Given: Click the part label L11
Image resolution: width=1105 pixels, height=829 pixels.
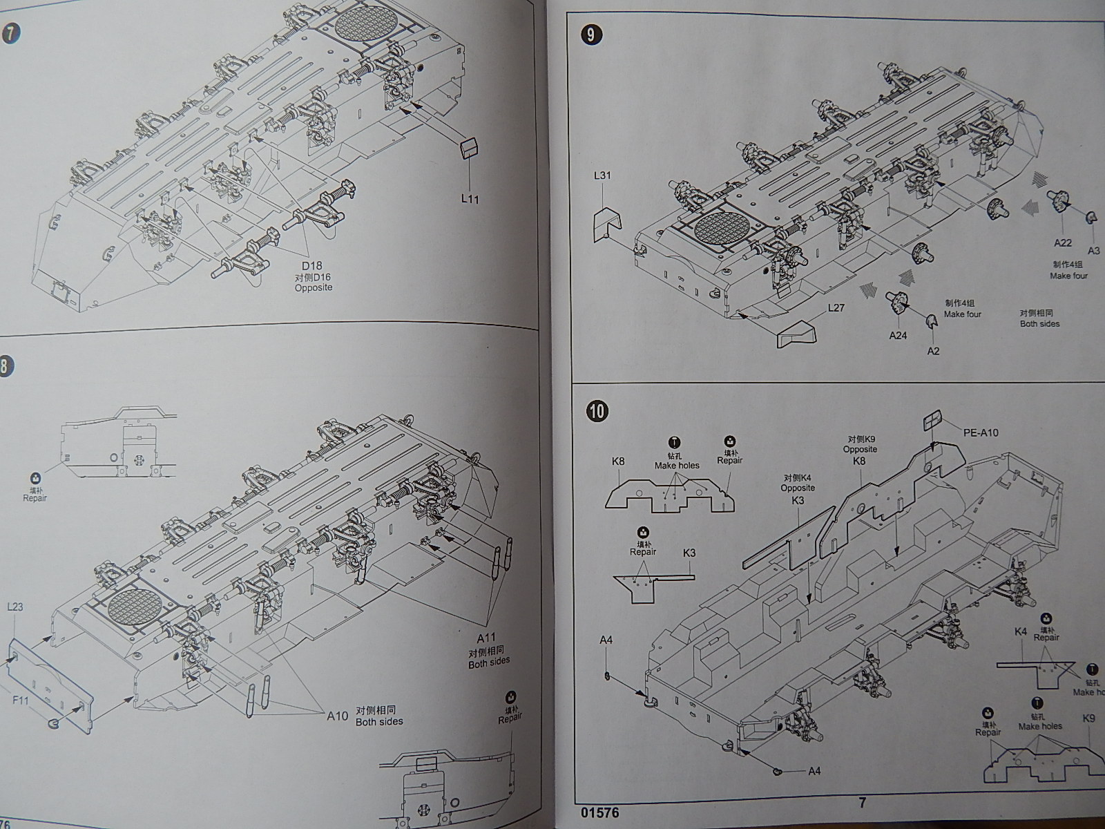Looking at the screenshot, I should tap(469, 199).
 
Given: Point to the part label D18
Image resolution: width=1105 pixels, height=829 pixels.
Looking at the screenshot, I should tap(311, 265).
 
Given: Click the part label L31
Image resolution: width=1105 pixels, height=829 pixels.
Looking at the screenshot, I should tap(602, 175).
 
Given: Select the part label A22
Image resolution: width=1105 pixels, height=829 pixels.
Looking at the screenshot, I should tap(1062, 242).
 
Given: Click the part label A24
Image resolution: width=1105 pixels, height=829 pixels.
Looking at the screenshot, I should tap(898, 336).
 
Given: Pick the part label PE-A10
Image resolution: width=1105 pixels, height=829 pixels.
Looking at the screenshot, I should tap(981, 433).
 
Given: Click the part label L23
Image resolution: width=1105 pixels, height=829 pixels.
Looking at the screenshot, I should tap(15, 607).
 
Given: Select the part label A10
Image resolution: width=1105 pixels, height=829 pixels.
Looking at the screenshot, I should tap(338, 716).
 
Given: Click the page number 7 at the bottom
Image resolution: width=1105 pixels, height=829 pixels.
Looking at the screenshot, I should tap(862, 802).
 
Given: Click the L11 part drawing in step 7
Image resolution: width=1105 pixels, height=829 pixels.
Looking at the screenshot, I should tap(470, 147).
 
